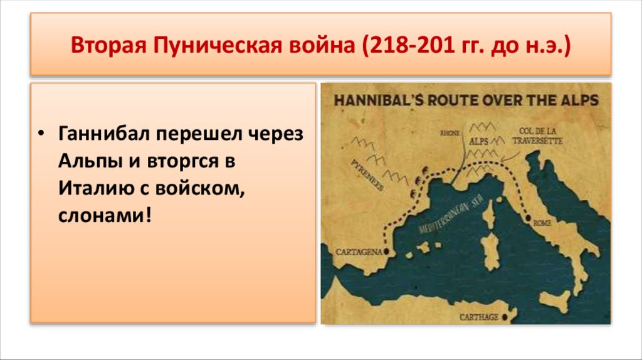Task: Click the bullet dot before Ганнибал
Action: click(x=42, y=134)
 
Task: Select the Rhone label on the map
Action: click(x=450, y=133)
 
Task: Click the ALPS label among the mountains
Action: click(x=478, y=142)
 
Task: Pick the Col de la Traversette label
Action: click(x=537, y=136)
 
